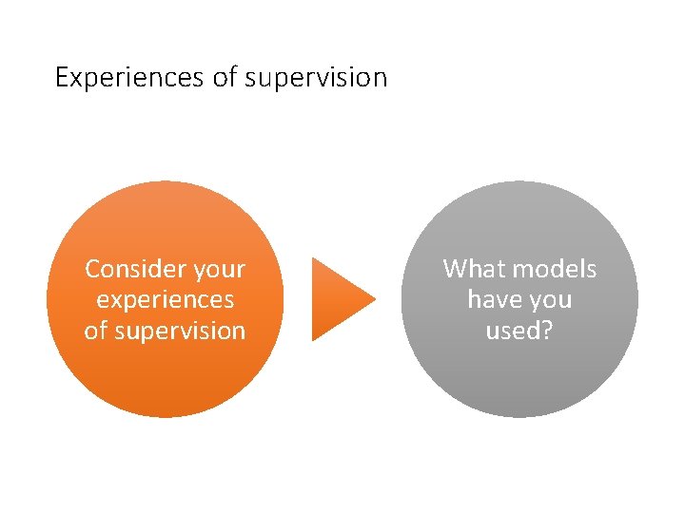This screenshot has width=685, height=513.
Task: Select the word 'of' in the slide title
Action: point(225,77)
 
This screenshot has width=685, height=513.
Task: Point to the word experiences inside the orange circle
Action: point(165,301)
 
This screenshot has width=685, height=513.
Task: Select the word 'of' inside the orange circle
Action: point(96,331)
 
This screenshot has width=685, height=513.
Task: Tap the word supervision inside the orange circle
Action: point(179,332)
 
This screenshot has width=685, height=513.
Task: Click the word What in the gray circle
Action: point(472,269)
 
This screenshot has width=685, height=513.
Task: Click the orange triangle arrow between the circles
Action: point(338,299)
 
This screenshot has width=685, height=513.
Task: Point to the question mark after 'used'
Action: point(548,331)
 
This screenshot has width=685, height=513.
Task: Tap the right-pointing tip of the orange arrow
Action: point(373,299)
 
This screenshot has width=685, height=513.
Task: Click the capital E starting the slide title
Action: point(62,77)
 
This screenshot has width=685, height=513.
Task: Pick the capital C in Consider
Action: point(92,269)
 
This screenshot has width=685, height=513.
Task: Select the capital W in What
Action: point(455,269)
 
